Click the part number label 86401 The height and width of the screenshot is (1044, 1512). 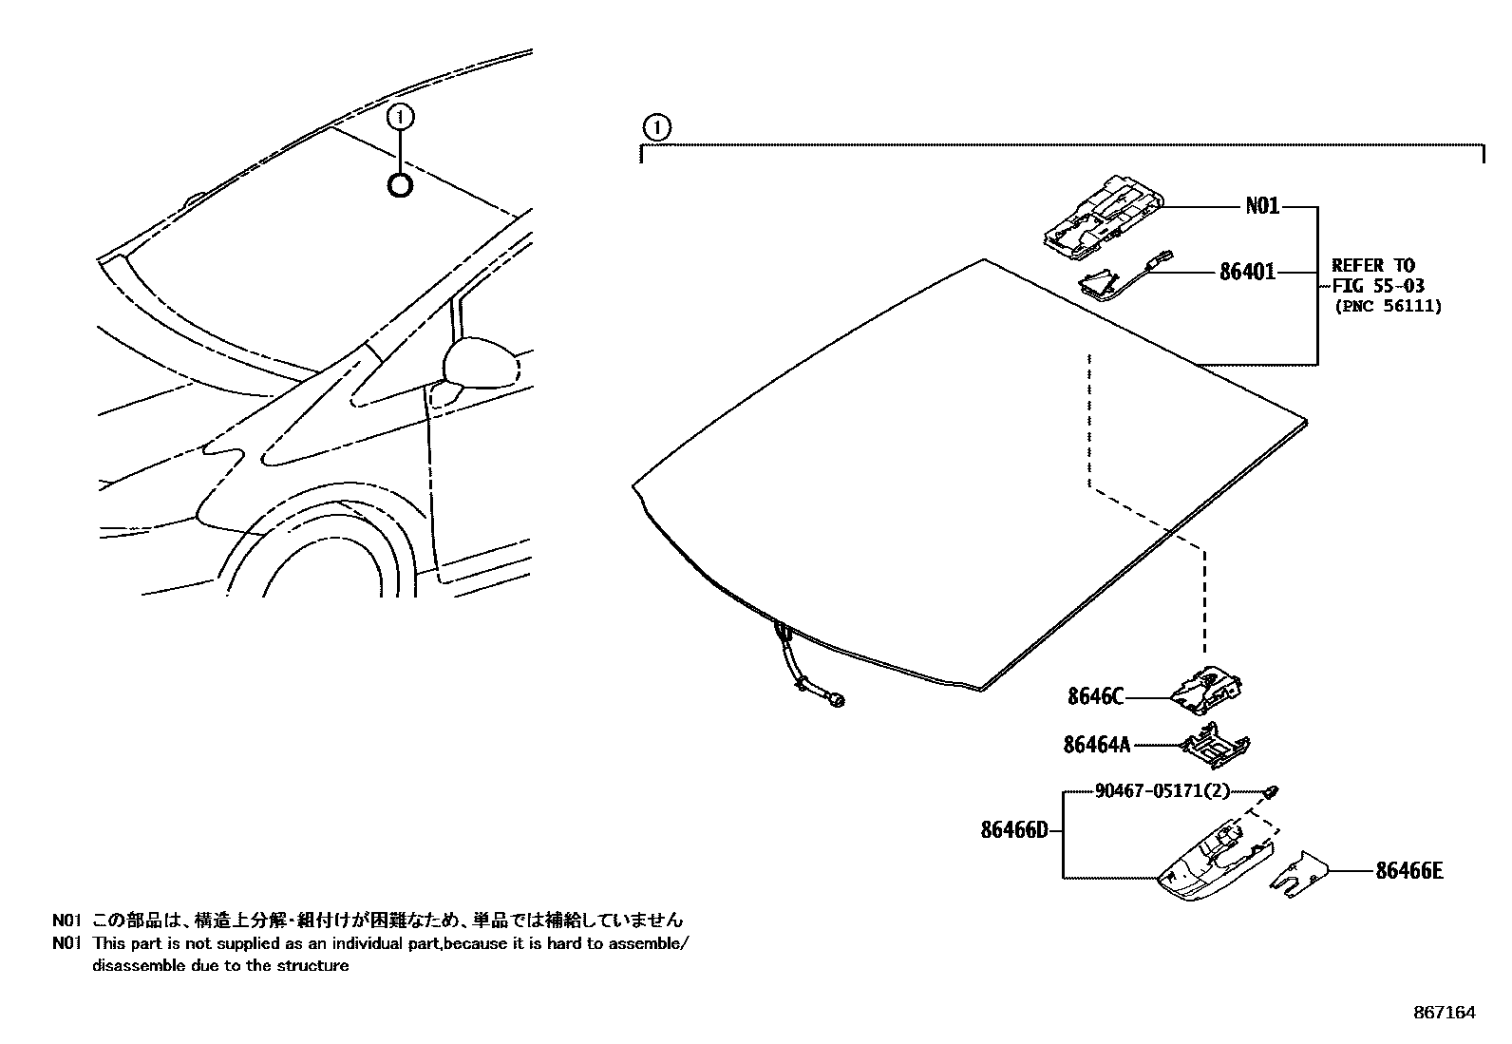point(1247,273)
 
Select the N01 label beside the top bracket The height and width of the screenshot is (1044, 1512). point(1262,206)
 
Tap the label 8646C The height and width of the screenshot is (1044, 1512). point(1095,697)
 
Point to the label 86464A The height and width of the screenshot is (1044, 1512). point(1097,745)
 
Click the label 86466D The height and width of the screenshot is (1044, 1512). point(1014,831)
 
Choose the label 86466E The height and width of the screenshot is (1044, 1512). point(1408,869)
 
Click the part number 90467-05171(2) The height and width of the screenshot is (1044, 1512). point(1149,790)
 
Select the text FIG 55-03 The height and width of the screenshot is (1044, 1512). point(1377,286)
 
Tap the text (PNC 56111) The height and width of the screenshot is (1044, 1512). point(1388,306)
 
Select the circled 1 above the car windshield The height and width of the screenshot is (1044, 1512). point(401,117)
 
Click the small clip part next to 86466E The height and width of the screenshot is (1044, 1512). point(1296,873)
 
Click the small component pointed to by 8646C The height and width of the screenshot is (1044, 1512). point(1208,691)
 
